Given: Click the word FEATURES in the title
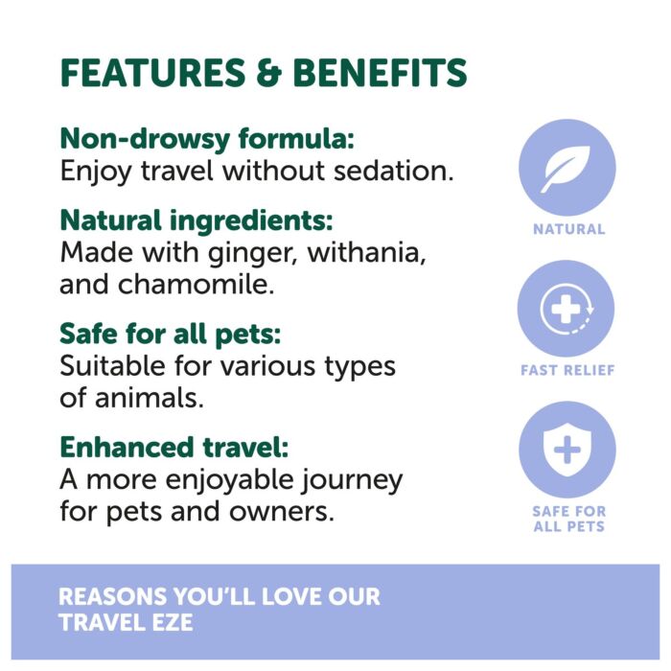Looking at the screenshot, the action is tap(153, 72).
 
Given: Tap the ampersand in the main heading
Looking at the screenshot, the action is tap(269, 72).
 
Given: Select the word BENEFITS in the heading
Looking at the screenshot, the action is tap(380, 72).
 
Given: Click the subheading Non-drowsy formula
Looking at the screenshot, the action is tap(207, 140).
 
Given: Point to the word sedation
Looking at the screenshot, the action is tap(393, 171).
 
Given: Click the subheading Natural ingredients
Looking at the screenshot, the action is tap(197, 220).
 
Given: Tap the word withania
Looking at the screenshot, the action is tap(367, 252).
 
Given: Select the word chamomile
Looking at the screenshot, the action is tap(196, 284).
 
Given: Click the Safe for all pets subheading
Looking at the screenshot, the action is tap(171, 335).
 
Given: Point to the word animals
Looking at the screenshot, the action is tap(149, 397).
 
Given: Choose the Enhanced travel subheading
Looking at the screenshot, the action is tap(174, 448).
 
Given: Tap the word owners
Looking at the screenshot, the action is tap(281, 511).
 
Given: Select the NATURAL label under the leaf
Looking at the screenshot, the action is tap(568, 229).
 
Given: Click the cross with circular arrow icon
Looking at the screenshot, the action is tap(567, 309).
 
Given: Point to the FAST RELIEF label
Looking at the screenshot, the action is tap(567, 370).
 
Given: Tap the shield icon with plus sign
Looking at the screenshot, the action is tap(567, 450).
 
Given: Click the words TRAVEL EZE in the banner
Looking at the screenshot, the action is tap(126, 622).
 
